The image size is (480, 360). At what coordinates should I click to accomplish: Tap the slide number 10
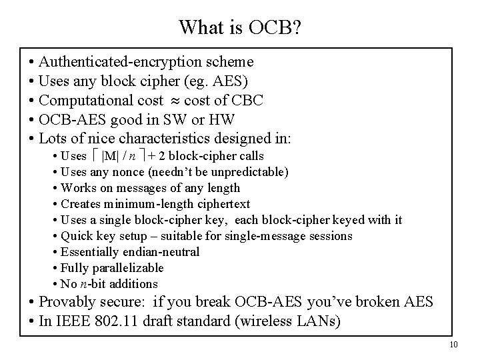point(454,344)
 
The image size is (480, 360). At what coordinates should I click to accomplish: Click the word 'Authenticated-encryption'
point(119,62)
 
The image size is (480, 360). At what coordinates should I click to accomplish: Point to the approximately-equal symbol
point(173,101)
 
